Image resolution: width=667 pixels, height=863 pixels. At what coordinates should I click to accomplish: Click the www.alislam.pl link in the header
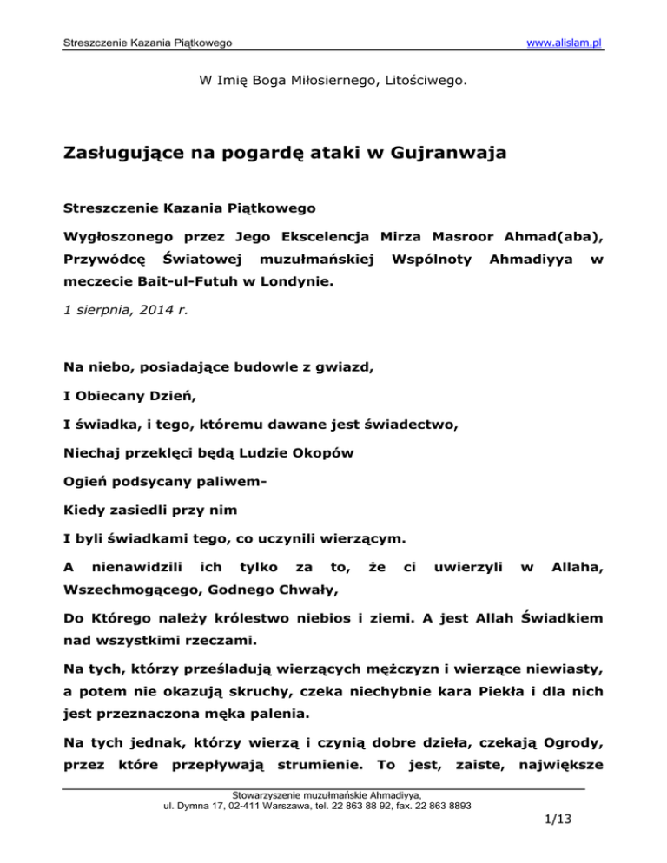tap(560, 43)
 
